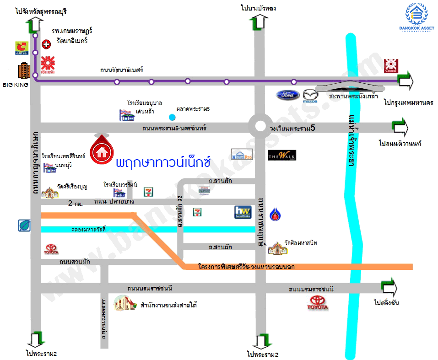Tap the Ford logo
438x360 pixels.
[287, 95]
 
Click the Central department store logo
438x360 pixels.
[391, 65]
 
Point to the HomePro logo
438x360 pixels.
[242, 155]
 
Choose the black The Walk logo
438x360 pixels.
[282, 156]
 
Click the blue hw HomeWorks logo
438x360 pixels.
[243, 212]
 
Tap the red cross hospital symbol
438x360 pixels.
[46, 44]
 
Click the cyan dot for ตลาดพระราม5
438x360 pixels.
[172, 117]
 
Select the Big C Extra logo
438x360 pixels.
[22, 48]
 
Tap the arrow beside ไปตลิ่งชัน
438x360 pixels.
[389, 287]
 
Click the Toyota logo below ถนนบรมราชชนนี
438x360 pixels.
[319, 302]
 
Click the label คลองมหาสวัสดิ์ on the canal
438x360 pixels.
[89, 229]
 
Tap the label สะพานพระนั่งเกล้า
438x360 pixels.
[353, 97]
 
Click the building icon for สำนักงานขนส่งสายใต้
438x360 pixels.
[125, 304]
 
